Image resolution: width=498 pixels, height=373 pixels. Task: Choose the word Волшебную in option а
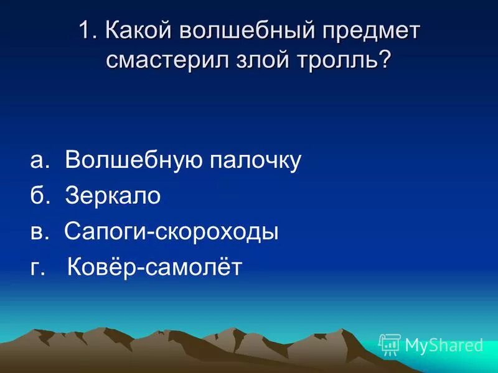click(133, 160)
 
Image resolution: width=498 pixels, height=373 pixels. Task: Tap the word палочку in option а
click(255, 160)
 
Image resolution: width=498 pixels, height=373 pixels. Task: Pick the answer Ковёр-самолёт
click(154, 268)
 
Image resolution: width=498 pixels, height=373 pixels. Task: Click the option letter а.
click(39, 162)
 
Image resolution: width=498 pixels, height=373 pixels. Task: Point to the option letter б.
click(38, 196)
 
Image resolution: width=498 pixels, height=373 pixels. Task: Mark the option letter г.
click(37, 269)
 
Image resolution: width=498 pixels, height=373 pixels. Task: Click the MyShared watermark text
click(444, 344)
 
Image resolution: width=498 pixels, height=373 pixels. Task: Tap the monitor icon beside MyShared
click(390, 344)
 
